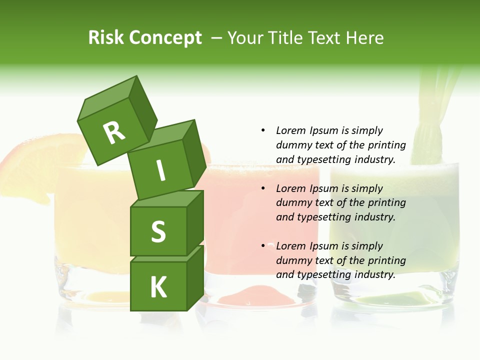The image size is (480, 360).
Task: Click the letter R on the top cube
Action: [x=114, y=132]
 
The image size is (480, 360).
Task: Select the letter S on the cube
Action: [x=158, y=232]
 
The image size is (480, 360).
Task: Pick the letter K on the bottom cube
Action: [x=158, y=287]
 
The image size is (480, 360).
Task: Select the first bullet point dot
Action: [x=263, y=130]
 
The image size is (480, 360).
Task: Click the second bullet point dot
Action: [x=263, y=188]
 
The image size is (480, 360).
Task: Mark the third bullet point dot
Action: [x=263, y=246]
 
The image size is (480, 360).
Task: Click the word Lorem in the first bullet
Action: [x=290, y=130]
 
